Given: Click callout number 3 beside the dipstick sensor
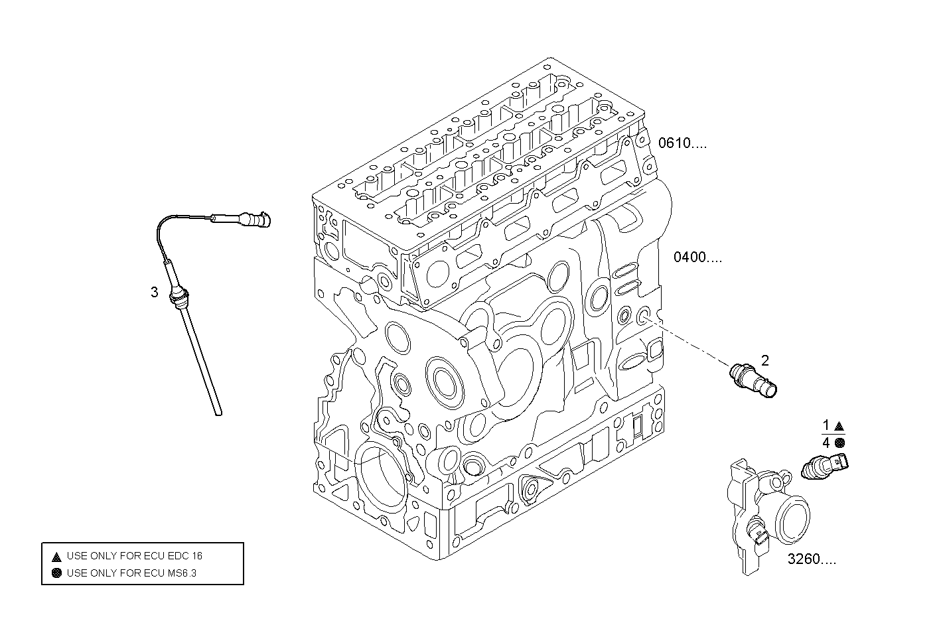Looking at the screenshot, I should click(154, 292).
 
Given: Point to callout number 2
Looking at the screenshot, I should click(765, 360).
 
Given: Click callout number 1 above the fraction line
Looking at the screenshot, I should click(826, 425).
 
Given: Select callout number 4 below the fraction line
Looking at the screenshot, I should click(826, 442).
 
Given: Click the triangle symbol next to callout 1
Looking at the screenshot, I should click(839, 426).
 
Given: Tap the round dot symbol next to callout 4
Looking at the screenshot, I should click(839, 443).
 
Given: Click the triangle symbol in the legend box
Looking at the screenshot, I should click(56, 556).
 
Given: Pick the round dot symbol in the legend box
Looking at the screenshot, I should click(56, 573).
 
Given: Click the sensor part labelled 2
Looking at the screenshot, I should click(753, 380).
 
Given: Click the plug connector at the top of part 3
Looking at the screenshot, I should click(255, 218).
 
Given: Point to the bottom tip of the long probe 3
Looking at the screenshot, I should click(218, 413).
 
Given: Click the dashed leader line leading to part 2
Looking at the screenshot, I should click(690, 342).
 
